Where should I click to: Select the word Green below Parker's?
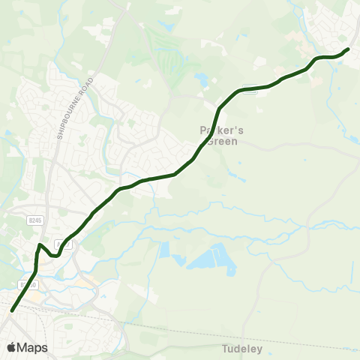pos(223,141)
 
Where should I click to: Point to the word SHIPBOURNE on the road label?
pos(64,121)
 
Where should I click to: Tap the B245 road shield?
pos(34,220)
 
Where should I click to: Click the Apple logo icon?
pos(10,348)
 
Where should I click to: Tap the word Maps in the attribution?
pos(32,348)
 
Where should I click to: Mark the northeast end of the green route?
pos(348,49)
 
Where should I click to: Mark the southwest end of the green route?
pos(12,310)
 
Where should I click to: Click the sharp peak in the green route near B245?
pos(40,244)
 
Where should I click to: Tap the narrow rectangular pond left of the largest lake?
pos(164,250)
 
